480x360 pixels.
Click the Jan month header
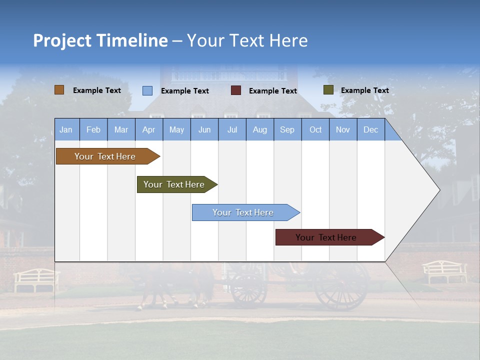(x=66, y=129)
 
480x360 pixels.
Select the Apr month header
(x=148, y=129)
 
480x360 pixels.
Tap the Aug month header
(x=259, y=129)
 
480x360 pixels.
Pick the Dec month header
(x=370, y=129)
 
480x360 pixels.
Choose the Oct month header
(x=315, y=129)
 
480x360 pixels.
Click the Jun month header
(x=204, y=129)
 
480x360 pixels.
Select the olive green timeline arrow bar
(x=175, y=184)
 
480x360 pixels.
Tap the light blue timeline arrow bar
(x=244, y=212)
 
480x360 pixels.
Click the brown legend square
(x=59, y=90)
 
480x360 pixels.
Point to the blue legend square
(x=147, y=90)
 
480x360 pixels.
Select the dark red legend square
(x=236, y=90)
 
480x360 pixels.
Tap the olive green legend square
(x=328, y=90)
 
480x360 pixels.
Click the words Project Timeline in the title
(x=100, y=40)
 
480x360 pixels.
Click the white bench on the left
(x=36, y=279)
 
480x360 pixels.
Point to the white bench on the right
(x=445, y=271)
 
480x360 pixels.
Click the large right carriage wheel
(x=341, y=287)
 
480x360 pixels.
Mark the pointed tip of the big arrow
(x=439, y=190)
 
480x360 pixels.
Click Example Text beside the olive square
(x=364, y=90)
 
